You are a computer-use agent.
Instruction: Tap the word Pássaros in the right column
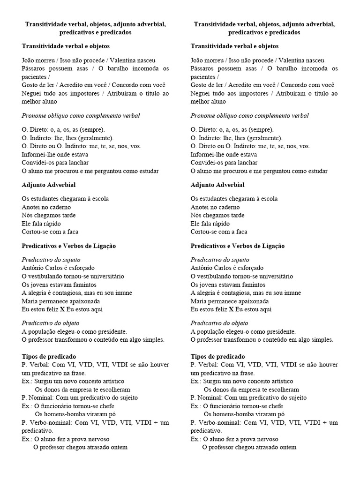(203, 68)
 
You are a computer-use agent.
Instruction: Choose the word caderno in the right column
(228, 207)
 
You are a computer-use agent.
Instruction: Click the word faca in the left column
(72, 232)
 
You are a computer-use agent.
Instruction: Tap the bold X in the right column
(231, 309)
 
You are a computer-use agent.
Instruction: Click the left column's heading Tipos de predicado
(49, 357)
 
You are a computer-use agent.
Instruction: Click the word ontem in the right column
(286, 447)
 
